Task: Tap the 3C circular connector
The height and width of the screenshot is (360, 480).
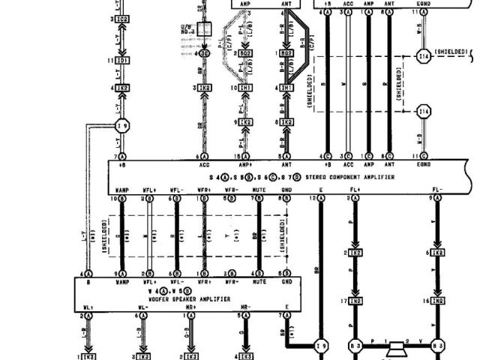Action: (x=202, y=54)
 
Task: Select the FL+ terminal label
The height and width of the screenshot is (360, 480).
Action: (x=351, y=190)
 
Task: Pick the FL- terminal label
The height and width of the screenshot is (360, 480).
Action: (x=437, y=190)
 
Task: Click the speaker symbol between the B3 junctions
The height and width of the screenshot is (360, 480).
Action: (x=395, y=347)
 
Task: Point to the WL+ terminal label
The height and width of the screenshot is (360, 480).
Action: (x=88, y=307)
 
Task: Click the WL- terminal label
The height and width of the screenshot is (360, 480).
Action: (x=142, y=307)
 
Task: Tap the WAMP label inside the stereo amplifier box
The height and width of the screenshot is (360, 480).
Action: (x=122, y=190)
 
